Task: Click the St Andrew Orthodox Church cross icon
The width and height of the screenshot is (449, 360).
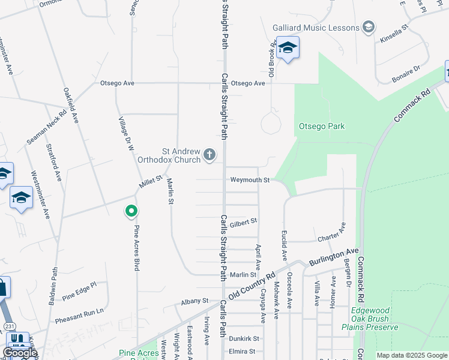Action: [x=209, y=155]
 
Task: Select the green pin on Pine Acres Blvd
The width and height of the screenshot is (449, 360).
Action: [x=131, y=211]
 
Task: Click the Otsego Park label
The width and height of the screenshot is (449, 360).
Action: [x=322, y=126]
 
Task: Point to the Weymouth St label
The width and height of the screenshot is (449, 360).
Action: [x=250, y=180]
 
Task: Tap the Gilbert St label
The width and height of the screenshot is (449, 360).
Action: [x=243, y=221]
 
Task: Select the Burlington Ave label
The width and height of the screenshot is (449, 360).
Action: [x=334, y=256]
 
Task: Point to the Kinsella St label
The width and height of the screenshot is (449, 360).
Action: [x=394, y=35]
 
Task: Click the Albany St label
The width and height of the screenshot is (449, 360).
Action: [x=196, y=301]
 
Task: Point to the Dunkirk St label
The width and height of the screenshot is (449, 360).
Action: [x=244, y=339]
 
